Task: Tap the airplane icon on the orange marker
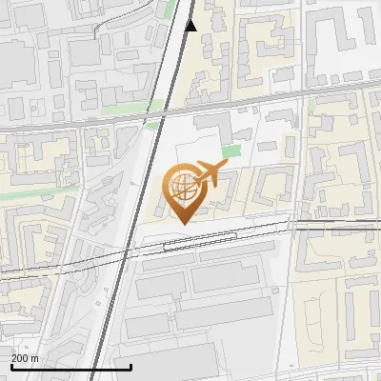(x=210, y=173)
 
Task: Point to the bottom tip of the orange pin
(x=182, y=223)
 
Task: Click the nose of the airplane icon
(x=226, y=167)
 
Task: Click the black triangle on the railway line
(x=190, y=26)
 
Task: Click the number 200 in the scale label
(x=20, y=358)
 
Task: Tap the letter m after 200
(x=34, y=358)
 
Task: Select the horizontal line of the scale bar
(x=71, y=367)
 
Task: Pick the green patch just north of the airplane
(x=231, y=151)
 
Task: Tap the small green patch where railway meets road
(x=152, y=125)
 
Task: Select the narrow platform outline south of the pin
(x=200, y=244)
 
